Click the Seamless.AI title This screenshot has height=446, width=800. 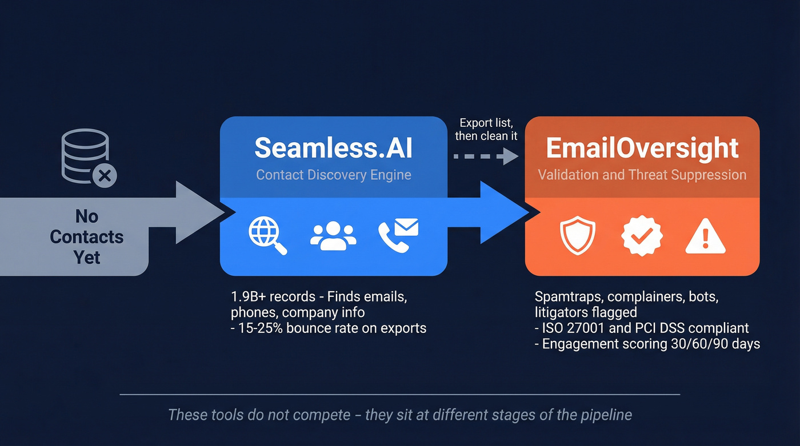[x=333, y=148]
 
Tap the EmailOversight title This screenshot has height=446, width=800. [x=642, y=148]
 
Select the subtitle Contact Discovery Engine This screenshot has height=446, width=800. [x=333, y=175]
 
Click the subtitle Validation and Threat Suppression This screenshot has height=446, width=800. [x=642, y=175]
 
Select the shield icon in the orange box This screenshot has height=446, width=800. [x=578, y=235]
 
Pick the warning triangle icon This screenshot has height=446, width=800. [x=705, y=235]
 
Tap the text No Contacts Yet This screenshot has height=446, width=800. [x=87, y=236]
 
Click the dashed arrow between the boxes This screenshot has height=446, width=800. [x=485, y=156]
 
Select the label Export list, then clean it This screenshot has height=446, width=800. [x=486, y=130]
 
